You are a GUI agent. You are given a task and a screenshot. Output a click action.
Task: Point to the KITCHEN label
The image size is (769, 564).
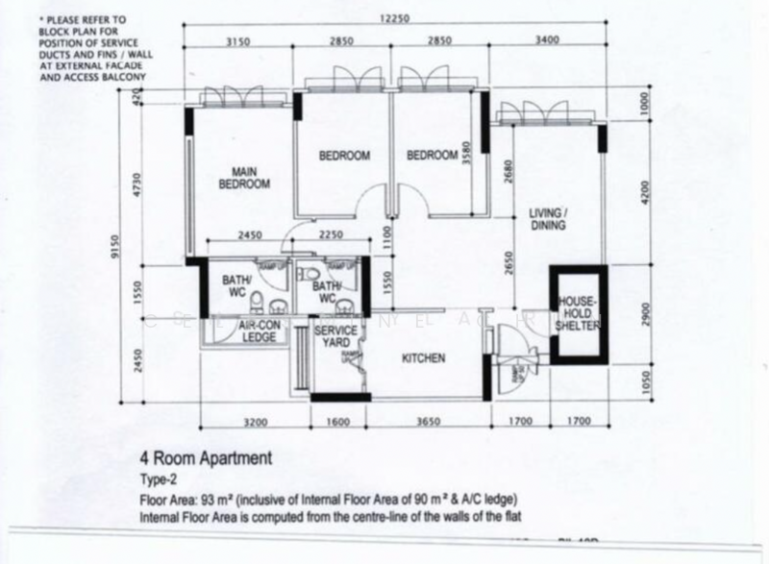pos(424,358)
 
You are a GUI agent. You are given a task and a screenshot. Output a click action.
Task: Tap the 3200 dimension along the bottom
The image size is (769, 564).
pos(254,420)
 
